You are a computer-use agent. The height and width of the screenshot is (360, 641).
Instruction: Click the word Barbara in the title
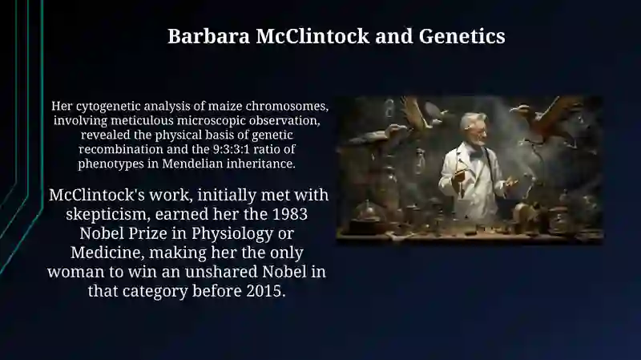208,36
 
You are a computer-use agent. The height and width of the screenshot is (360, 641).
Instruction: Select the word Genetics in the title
462,36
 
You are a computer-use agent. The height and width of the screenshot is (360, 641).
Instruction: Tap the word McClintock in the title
312,36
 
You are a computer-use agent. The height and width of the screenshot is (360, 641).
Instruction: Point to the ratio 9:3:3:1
231,149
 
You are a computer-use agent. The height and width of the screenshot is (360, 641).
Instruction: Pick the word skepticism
107,214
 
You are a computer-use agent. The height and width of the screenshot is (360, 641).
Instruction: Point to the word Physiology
232,233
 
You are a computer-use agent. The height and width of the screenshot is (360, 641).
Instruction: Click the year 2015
266,291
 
